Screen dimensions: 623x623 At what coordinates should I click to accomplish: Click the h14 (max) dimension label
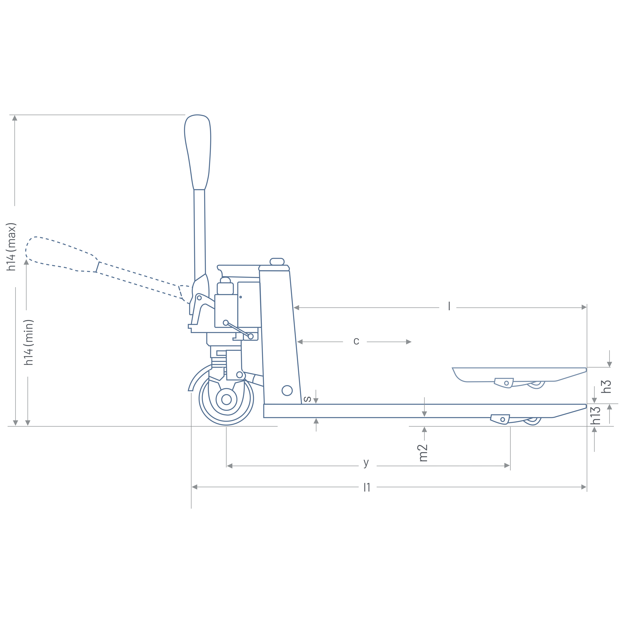pyautogui.click(x=11, y=247)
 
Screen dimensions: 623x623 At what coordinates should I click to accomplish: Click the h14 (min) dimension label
pyautogui.click(x=29, y=342)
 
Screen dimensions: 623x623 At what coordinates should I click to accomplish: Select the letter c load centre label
pyautogui.click(x=356, y=341)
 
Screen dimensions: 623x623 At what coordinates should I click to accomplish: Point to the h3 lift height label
pyautogui.click(x=606, y=386)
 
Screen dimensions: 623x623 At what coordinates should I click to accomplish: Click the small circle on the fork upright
pyautogui.click(x=287, y=390)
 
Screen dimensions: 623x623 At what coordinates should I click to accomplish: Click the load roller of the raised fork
pyautogui.click(x=536, y=384)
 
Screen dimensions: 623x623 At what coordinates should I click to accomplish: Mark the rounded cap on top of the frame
pyautogui.click(x=277, y=262)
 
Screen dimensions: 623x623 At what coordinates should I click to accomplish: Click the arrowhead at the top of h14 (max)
pyautogui.click(x=14, y=118)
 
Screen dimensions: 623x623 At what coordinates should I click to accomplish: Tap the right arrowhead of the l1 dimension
pyautogui.click(x=584, y=487)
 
